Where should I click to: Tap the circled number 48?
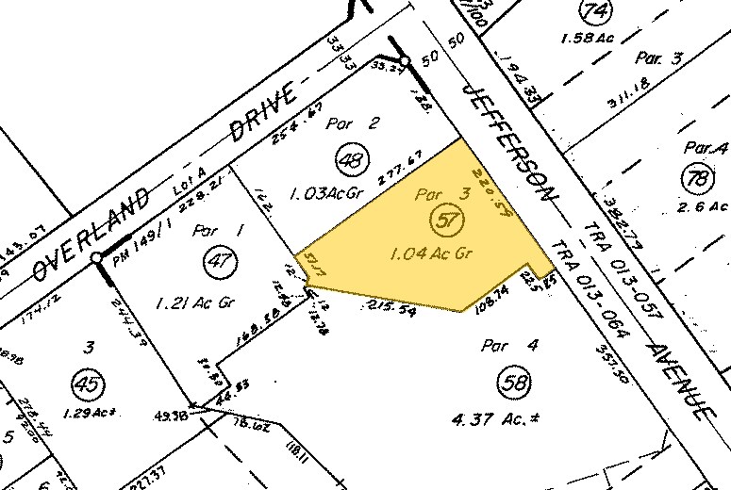point(351,162)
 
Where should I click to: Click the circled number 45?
point(89,384)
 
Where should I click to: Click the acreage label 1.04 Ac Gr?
point(429,253)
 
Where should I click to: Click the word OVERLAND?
point(91,233)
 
